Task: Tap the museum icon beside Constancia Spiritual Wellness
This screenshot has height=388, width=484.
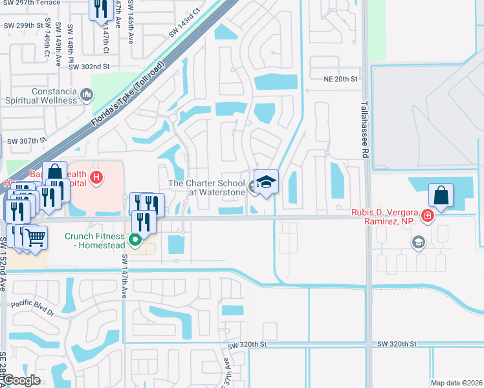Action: (x=87, y=96)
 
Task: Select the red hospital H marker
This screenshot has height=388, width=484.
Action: (x=96, y=177)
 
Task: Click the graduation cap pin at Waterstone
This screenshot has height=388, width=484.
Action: (x=266, y=182)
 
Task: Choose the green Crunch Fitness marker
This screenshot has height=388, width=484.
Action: (x=135, y=241)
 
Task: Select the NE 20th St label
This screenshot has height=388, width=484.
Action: (x=341, y=79)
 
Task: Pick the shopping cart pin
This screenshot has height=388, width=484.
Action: (x=35, y=237)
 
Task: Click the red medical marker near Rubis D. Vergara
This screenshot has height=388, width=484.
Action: (x=426, y=216)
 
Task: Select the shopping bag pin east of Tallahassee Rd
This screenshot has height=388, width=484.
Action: (x=441, y=195)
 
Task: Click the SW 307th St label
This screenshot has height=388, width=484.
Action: (x=26, y=140)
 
